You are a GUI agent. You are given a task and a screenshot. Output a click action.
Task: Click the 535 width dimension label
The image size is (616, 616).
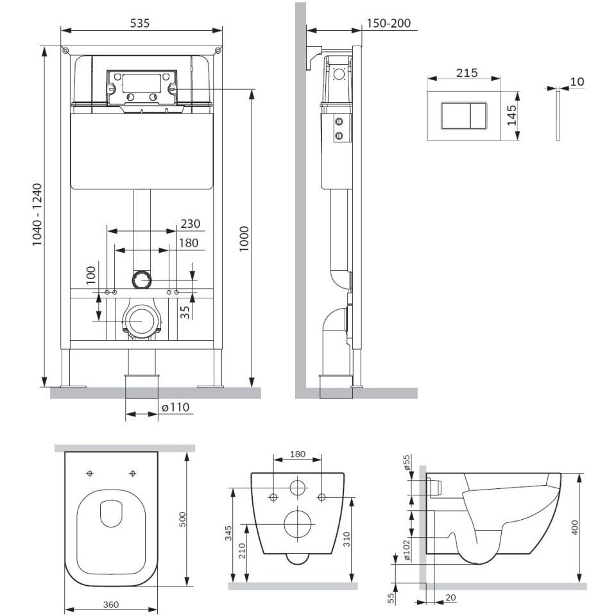point(140,23)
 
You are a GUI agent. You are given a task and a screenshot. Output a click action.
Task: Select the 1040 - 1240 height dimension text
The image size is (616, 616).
point(37,214)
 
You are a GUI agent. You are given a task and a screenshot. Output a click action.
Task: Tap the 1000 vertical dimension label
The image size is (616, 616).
point(244,239)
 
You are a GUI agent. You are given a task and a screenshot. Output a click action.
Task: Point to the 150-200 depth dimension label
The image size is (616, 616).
point(389,23)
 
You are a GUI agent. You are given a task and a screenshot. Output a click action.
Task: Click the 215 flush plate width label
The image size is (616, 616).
point(467,73)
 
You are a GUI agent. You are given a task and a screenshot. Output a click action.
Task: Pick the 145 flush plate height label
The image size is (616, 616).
point(511,115)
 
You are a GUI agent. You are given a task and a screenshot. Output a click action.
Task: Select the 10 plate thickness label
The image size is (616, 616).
point(577,81)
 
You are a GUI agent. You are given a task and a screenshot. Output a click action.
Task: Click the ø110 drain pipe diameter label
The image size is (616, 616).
point(176,407)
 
